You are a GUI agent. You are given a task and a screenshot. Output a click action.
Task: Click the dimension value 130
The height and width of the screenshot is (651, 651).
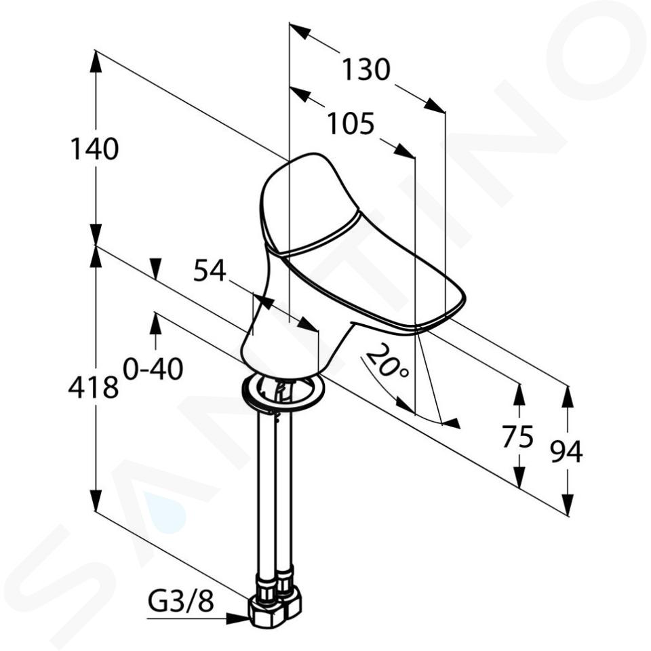coord(366,69)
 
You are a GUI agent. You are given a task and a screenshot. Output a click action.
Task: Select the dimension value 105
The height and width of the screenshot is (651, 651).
coord(351,123)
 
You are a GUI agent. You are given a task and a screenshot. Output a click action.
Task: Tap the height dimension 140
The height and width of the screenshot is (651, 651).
coord(94,149)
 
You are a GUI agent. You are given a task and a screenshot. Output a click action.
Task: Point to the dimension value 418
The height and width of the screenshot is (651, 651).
coord(94,388)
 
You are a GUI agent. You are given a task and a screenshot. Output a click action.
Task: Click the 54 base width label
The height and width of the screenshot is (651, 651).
coord(210,271)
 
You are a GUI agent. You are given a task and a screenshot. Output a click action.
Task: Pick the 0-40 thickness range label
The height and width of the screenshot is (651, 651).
coord(153,369)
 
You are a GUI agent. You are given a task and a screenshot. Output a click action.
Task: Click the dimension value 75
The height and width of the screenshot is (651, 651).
coord(517,436)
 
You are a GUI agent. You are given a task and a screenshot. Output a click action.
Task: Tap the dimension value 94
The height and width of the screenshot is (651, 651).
coord(566,452)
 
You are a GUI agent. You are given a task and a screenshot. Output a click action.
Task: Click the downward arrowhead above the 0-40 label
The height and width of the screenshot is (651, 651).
coord(155,269)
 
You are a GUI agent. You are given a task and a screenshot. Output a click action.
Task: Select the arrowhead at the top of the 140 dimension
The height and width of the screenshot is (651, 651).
coord(96,62)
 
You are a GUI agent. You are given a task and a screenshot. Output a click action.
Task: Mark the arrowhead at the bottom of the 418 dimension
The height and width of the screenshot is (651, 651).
coord(96,500)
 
